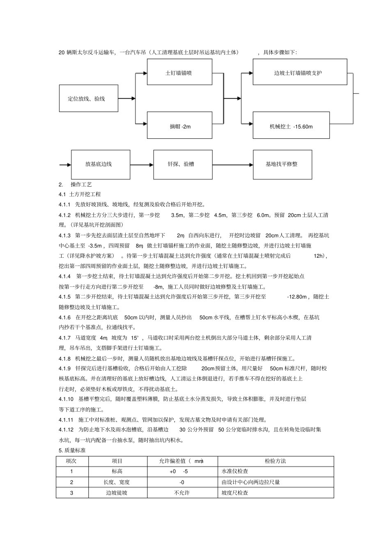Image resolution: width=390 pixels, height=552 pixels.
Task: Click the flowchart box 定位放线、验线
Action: pos(88,98)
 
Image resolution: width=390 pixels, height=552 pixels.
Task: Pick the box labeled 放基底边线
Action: pos(101,164)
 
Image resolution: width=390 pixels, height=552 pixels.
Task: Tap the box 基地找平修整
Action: pos(282,164)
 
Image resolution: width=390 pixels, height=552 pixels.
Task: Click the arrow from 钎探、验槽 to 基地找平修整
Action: pos(232,165)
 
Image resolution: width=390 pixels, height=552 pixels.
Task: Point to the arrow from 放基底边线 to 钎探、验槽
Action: pos(142,165)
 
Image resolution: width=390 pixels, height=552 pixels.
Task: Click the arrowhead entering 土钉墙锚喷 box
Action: pos(145,73)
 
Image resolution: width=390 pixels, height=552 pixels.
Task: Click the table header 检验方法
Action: pos(275,461)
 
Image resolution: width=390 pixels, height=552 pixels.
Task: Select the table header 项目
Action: pos(117,461)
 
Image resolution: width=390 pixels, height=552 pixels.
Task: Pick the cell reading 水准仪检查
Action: pos(235,472)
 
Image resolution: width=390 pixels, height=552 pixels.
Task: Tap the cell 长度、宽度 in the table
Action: pos(117,482)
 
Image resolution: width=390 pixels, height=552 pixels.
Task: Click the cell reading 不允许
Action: pos(182,492)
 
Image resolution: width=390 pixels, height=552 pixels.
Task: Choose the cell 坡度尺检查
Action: pos(235,492)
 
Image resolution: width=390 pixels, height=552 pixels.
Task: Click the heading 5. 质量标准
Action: pos(72,450)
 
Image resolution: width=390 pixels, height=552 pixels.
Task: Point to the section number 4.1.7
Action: pos(65,338)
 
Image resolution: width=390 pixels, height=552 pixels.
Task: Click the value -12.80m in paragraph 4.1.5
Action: pos(297,297)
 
